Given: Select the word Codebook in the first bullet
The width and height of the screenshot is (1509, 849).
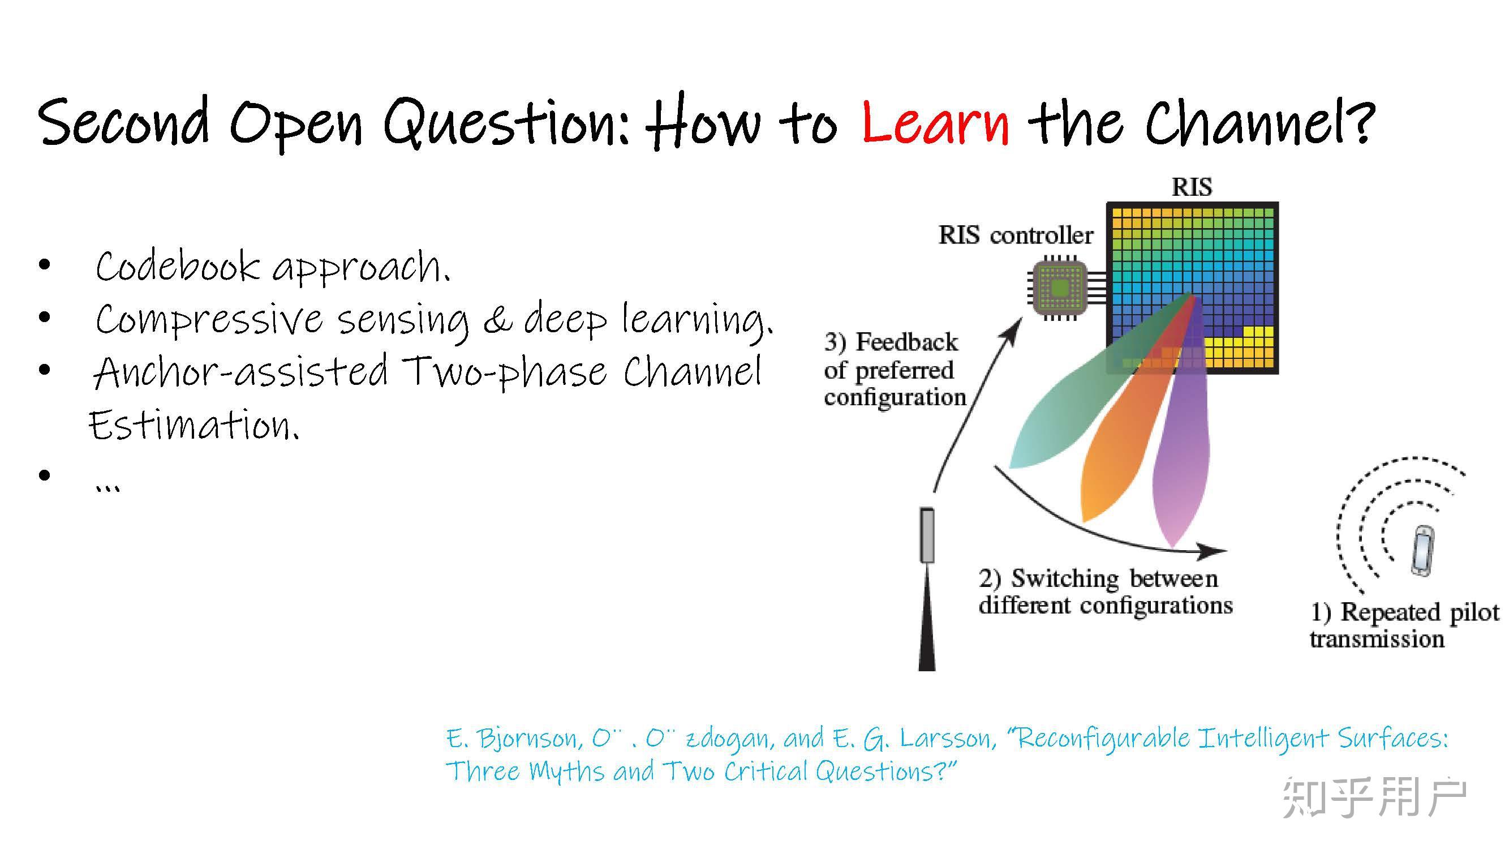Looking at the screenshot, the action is click(178, 266).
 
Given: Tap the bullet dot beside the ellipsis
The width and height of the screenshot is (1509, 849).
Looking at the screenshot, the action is click(45, 475).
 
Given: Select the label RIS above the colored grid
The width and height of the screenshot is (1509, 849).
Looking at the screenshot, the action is click(1192, 187).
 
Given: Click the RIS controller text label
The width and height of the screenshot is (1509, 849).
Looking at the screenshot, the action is click(1015, 235).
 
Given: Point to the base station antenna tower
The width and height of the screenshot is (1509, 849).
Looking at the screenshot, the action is click(927, 589).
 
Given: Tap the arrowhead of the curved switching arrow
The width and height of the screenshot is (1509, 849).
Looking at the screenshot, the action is click(1211, 551).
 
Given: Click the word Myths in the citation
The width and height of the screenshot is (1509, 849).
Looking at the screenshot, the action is click(568, 771).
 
